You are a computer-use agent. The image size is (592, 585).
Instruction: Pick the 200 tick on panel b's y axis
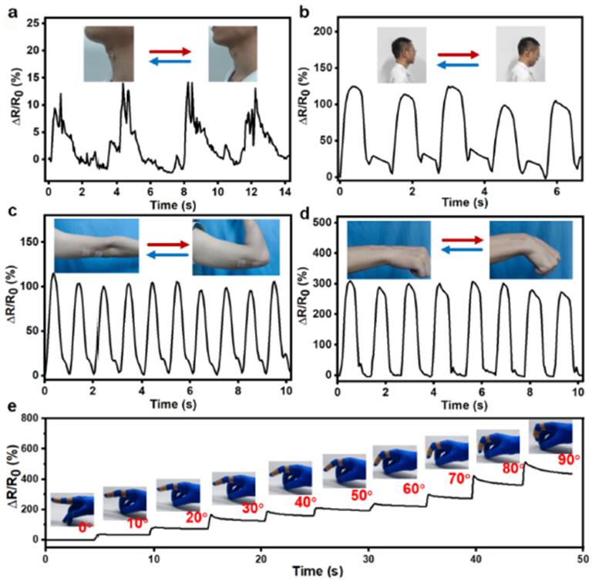pos(324,32)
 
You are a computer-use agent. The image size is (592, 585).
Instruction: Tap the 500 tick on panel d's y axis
pos(323,223)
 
